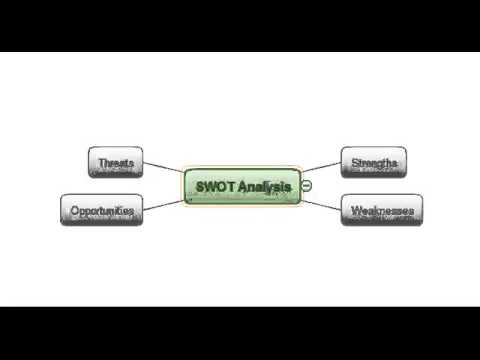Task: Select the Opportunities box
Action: coord(101,211)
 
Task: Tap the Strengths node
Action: coord(374,161)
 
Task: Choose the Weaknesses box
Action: coord(380,211)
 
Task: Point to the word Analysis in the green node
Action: coord(264,186)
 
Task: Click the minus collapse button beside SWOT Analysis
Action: coord(307,186)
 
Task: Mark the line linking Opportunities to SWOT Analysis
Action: coord(161,205)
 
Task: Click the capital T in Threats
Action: coord(100,161)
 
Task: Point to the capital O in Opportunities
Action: coord(74,211)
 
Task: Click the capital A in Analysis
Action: coord(244,186)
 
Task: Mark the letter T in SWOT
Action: coord(231,186)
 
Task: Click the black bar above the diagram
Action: coord(240,25)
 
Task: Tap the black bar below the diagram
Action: coord(240,332)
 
